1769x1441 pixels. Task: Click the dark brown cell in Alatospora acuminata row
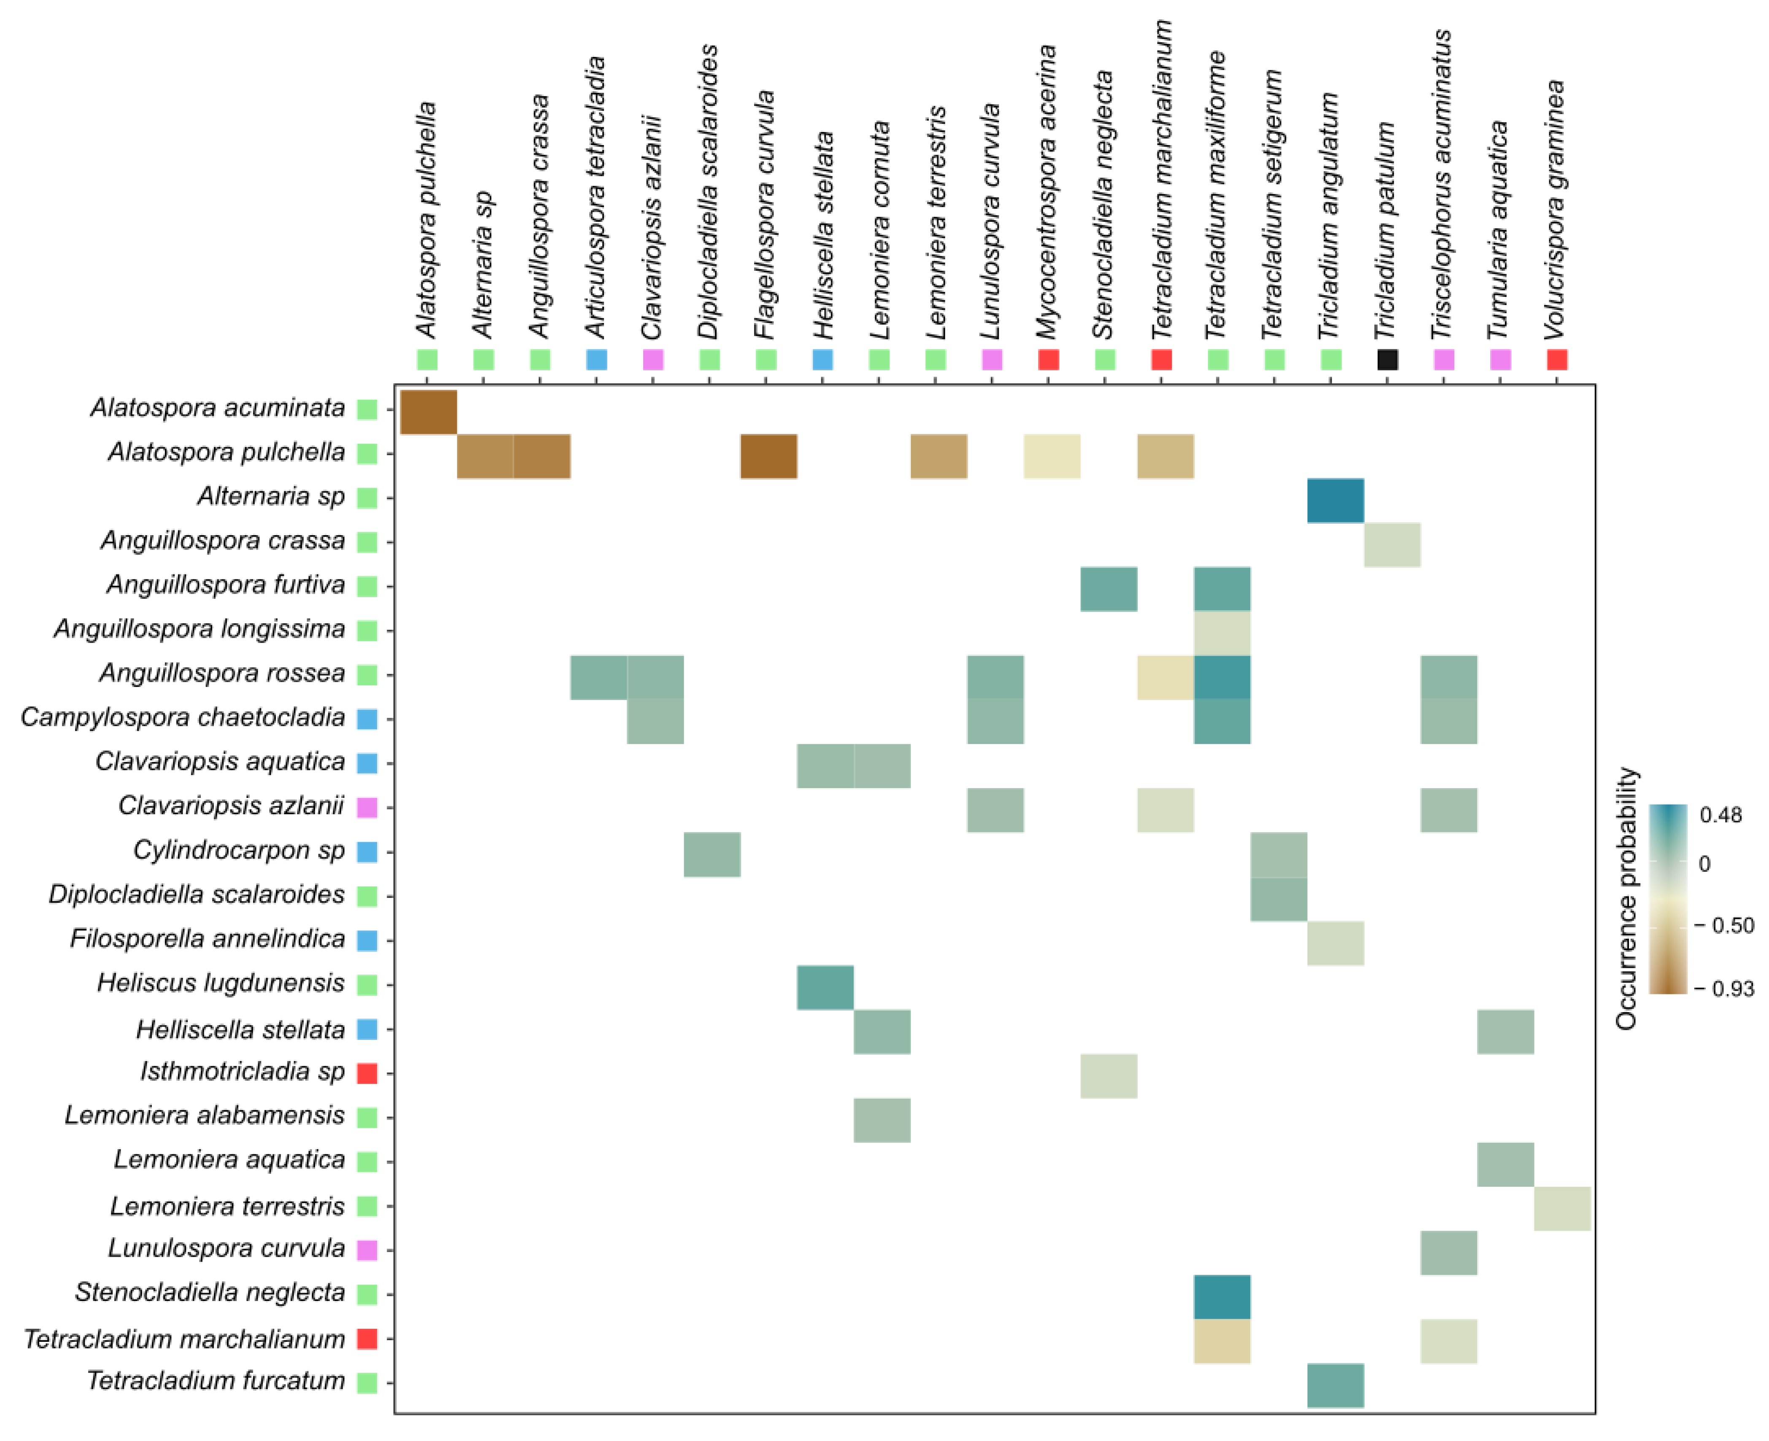point(429,412)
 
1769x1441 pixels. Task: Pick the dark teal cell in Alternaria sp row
point(1335,501)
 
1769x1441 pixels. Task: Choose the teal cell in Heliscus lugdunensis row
point(825,987)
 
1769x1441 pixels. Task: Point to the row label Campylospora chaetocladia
point(183,717)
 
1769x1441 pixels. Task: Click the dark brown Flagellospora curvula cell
point(769,456)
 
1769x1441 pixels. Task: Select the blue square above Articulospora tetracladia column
point(596,359)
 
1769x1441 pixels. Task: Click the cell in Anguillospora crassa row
point(1391,544)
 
